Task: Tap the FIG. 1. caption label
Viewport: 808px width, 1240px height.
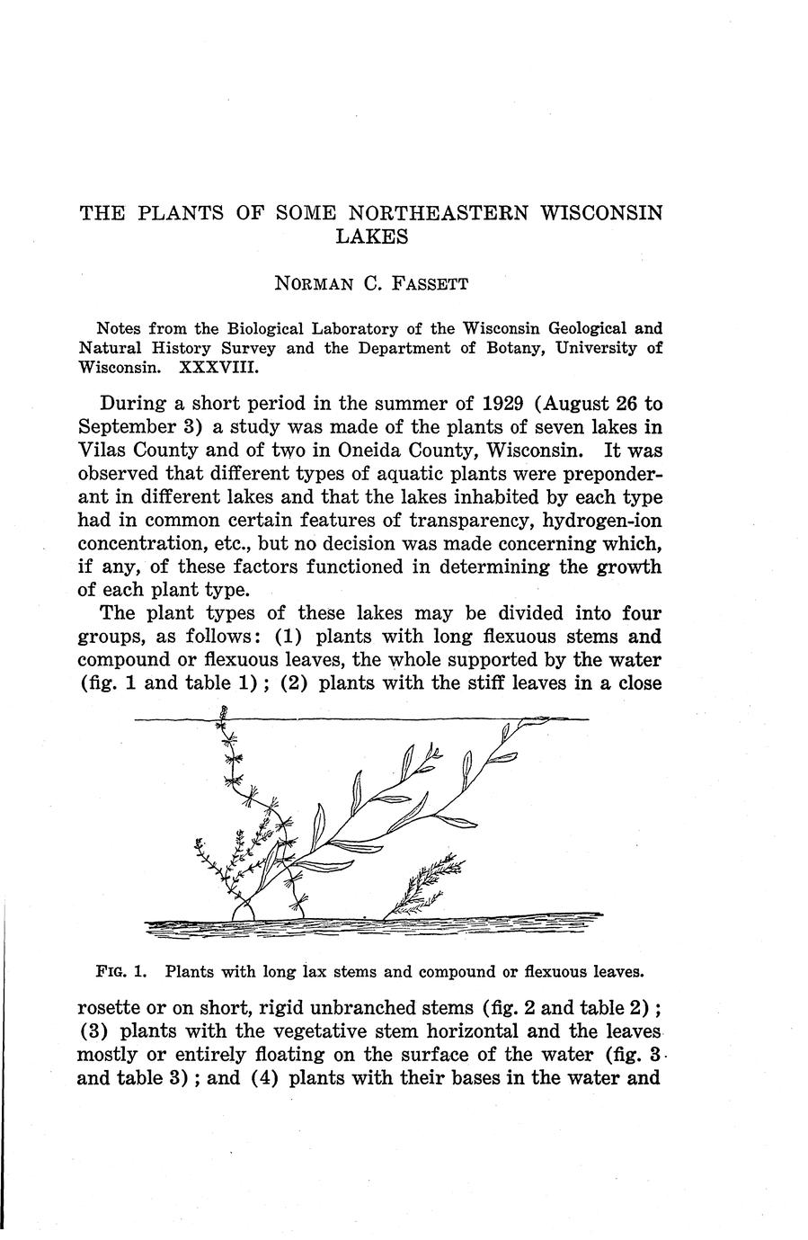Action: click(x=114, y=971)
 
